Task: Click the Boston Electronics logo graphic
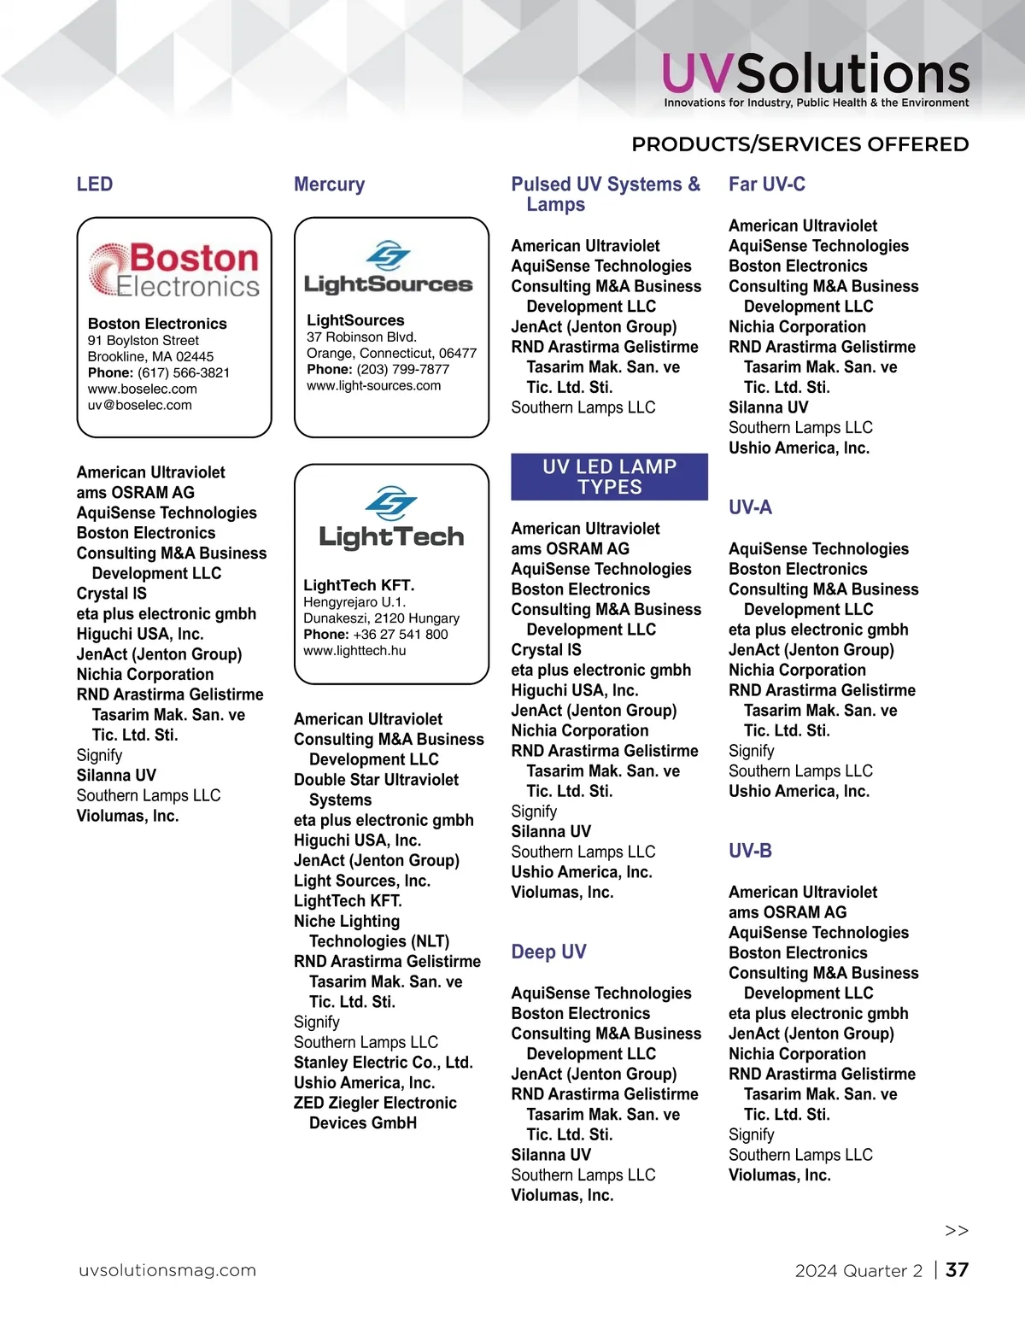coord(174,269)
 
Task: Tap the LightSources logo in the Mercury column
coord(389,268)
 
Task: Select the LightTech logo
coord(391,517)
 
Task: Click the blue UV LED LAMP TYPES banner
coord(609,477)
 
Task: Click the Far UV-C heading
coord(766,185)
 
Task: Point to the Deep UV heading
coord(548,952)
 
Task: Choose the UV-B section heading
coord(750,851)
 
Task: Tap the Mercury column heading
coord(329,185)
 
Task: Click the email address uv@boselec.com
coord(140,406)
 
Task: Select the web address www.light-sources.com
coord(373,386)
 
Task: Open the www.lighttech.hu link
coord(354,651)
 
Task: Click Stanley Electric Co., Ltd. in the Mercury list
coord(383,1063)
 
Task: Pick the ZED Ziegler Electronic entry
coord(375,1103)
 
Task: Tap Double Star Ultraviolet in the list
coord(376,780)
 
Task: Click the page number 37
coord(957,1270)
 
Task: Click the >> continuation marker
coord(957,1231)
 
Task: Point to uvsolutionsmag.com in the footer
coord(167,1270)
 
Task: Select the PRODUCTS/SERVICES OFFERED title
coord(799,144)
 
